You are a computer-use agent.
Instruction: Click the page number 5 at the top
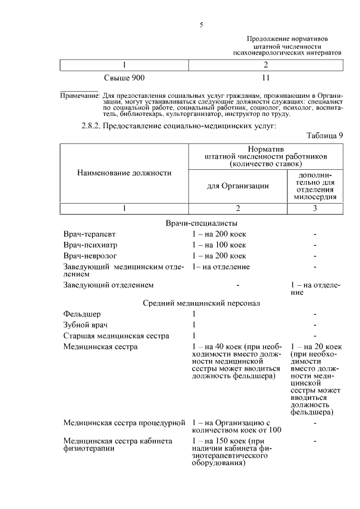click(x=201, y=24)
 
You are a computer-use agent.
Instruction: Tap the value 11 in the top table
click(x=266, y=76)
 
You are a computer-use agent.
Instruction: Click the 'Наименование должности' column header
click(x=124, y=173)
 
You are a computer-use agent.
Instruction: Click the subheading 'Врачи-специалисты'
click(x=201, y=223)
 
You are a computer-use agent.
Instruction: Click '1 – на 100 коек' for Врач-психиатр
click(x=219, y=245)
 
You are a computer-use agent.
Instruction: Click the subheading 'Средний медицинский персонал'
click(x=201, y=303)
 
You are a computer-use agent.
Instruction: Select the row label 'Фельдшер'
click(x=82, y=314)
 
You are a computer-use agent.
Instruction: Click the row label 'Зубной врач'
click(x=85, y=325)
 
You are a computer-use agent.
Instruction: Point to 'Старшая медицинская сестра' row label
click(x=116, y=336)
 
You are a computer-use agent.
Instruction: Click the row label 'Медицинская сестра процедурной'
click(x=124, y=421)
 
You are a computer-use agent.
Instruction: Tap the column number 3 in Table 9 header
click(x=315, y=208)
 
